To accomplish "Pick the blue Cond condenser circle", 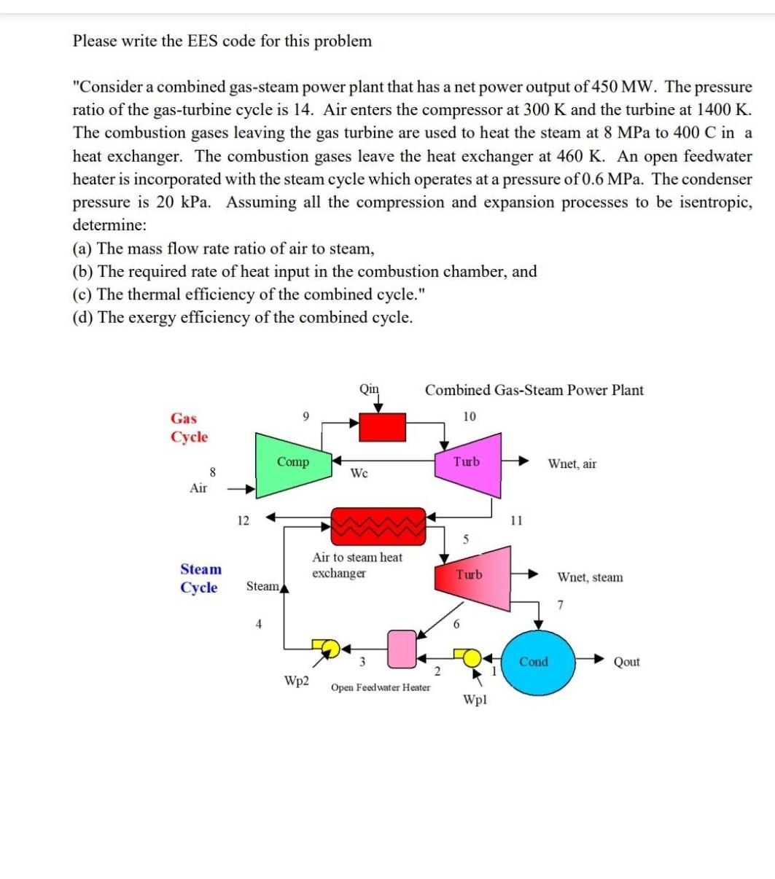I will pos(534,662).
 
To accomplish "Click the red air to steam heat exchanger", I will pos(378,526).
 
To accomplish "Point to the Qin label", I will pos(370,388).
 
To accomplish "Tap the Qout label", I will pos(627,662).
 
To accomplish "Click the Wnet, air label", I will pos(572,464).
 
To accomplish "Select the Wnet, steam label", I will pos(590,577).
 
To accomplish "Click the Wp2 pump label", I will pos(297,681).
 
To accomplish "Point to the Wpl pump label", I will pos(475,700).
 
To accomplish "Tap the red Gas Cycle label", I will pos(189,428).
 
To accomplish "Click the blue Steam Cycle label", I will pos(200,578).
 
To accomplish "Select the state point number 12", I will pos(243,520).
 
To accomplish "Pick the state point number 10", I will pos(469,416).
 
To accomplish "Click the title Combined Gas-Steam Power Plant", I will pos(534,390).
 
